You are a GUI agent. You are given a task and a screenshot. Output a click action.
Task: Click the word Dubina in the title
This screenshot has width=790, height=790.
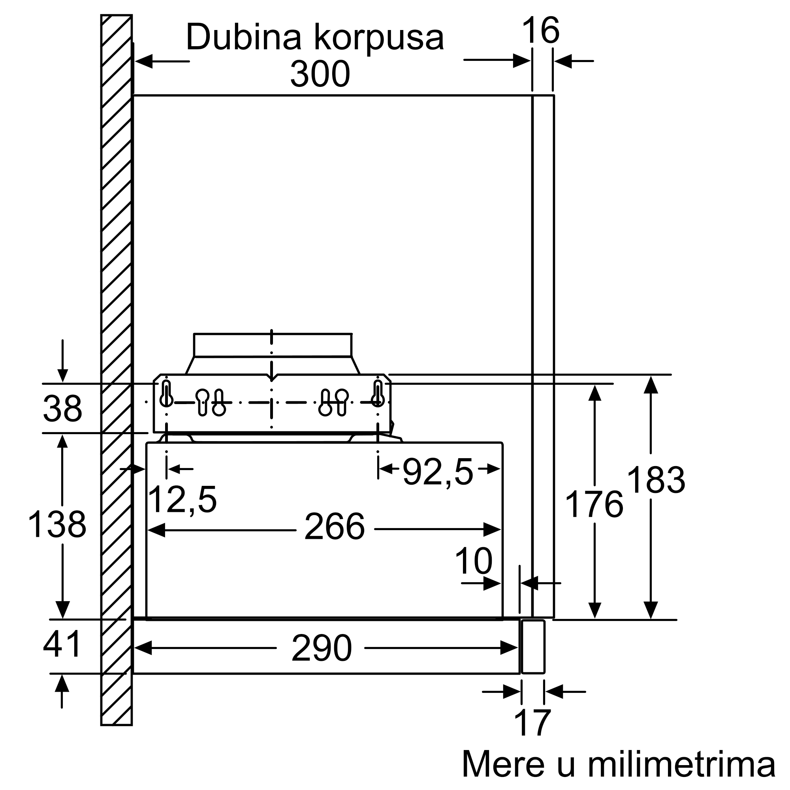click(x=245, y=37)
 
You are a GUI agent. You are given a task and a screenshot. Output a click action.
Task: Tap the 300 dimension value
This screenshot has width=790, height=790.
click(x=320, y=74)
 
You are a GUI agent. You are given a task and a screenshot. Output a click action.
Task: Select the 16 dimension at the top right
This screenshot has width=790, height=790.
click(x=541, y=30)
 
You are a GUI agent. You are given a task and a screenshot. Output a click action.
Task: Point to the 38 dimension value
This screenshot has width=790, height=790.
click(x=62, y=408)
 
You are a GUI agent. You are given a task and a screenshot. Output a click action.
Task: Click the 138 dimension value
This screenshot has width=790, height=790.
click(x=57, y=525)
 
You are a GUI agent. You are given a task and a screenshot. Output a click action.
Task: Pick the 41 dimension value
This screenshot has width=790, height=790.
click(x=62, y=645)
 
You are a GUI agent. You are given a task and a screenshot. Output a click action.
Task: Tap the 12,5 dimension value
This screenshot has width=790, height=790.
click(x=182, y=500)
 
